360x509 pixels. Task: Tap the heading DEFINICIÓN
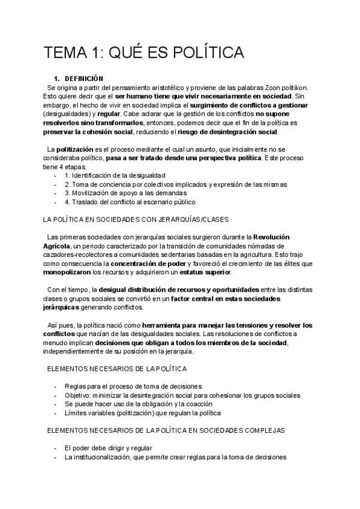click(x=84, y=79)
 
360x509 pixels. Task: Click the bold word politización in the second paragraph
click(x=74, y=149)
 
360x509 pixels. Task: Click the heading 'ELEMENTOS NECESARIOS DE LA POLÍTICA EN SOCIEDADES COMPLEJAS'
click(x=166, y=430)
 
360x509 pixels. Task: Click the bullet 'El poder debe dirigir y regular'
click(x=108, y=448)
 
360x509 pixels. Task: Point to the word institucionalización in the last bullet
click(x=101, y=457)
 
